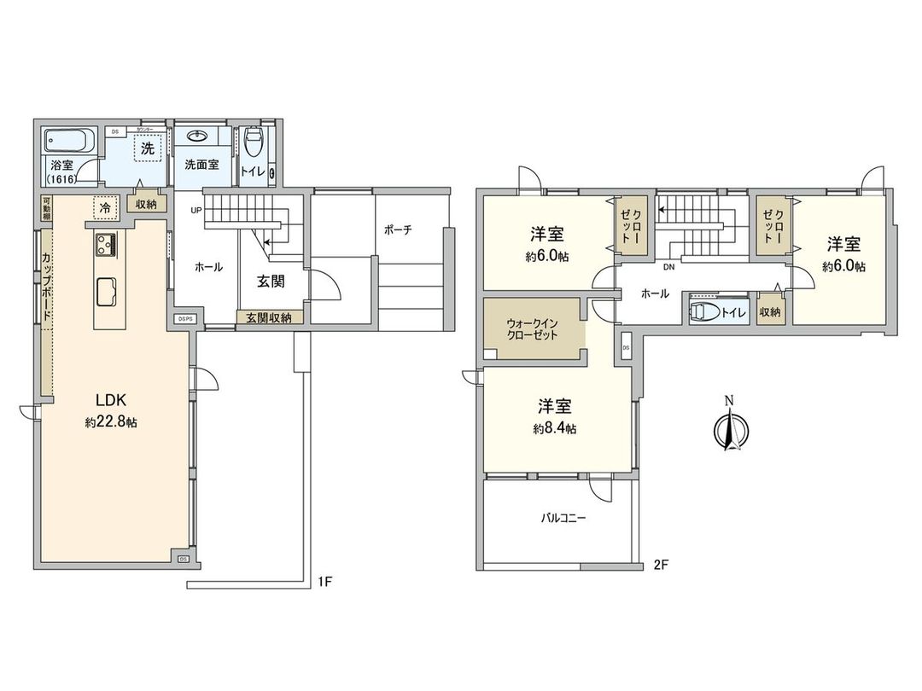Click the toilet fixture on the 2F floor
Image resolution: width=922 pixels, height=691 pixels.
[x=705, y=311]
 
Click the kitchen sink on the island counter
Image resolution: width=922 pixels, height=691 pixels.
[x=107, y=291]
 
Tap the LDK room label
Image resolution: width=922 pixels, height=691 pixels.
[x=111, y=399]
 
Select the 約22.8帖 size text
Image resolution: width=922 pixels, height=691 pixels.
[x=111, y=422]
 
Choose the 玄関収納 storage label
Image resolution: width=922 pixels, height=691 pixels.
[x=269, y=317]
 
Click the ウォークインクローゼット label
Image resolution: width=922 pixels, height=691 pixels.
[x=534, y=328]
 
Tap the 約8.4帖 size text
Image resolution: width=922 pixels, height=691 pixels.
[x=554, y=429]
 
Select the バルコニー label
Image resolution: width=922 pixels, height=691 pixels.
[x=563, y=518]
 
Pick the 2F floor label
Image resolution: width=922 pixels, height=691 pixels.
[x=660, y=565]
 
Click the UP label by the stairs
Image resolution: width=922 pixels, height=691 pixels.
[x=196, y=212]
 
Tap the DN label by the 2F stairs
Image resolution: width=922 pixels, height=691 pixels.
[x=669, y=267]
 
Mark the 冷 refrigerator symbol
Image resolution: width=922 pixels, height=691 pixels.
[x=104, y=206]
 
